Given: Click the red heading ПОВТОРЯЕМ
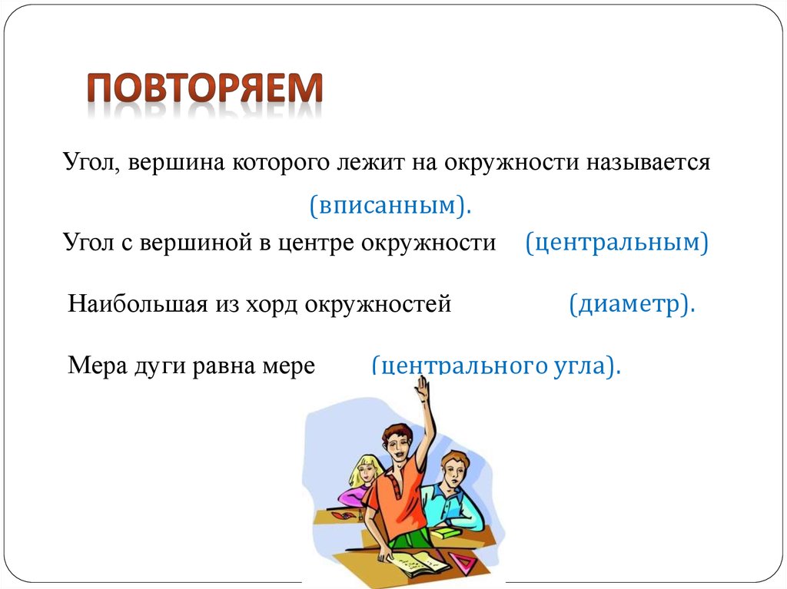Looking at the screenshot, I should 204,91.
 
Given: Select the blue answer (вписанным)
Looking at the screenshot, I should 390,205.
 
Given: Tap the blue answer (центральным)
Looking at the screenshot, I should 616,243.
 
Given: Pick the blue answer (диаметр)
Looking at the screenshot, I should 632,305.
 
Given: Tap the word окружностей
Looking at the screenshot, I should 377,305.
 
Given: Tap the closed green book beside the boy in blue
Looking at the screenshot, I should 443,532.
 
